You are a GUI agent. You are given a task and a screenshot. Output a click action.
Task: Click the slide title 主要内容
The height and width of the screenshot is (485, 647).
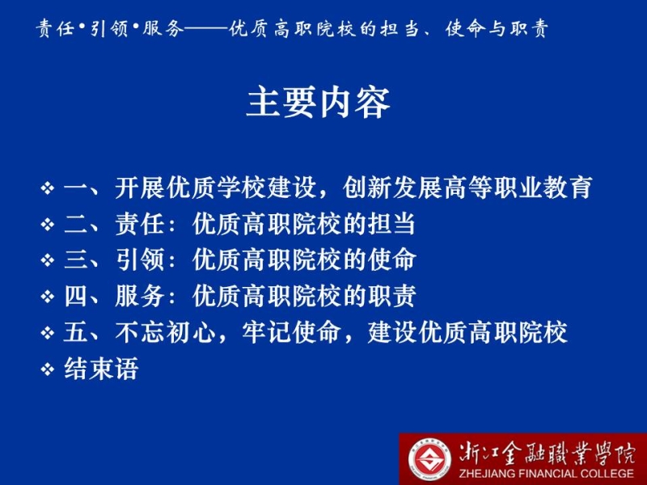tap(318, 103)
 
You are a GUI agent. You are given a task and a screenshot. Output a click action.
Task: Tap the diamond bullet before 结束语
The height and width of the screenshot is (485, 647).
tap(48, 369)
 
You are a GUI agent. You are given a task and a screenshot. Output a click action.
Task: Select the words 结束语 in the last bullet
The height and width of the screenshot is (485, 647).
tap(101, 369)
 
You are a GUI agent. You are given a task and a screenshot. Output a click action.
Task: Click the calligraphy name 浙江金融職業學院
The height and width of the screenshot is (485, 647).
tap(548, 453)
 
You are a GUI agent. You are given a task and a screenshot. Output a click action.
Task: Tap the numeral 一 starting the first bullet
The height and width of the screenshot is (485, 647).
tap(76, 188)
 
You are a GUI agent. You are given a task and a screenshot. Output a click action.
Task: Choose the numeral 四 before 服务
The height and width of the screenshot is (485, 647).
tap(76, 296)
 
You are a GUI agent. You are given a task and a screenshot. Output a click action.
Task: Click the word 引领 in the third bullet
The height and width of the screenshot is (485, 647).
tap(140, 260)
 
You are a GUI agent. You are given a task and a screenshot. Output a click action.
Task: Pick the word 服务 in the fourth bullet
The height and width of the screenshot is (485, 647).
tap(140, 296)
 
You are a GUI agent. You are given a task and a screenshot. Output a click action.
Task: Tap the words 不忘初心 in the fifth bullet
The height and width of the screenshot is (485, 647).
tap(166, 332)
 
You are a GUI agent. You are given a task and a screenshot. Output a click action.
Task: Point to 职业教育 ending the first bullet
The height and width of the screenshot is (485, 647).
tap(543, 188)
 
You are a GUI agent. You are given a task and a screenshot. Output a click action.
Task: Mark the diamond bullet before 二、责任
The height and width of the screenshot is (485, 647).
tap(48, 225)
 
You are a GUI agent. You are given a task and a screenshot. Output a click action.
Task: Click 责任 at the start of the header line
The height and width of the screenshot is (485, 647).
tap(54, 28)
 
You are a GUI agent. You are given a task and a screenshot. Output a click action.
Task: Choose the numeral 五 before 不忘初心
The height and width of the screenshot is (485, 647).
tap(76, 332)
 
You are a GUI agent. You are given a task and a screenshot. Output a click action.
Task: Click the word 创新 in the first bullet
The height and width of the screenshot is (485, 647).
tap(367, 188)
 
